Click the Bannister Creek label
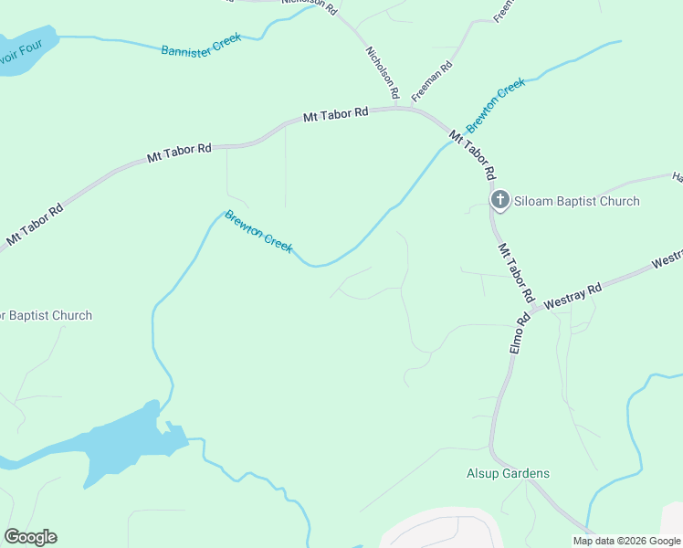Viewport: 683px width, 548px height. (201, 47)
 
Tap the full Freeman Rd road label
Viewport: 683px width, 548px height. (432, 81)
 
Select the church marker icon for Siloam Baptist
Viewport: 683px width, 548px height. (499, 200)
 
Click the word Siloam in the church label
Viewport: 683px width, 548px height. (533, 201)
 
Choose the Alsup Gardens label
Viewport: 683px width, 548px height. (508, 473)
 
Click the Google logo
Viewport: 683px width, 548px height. (30, 536)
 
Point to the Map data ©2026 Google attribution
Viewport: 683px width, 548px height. (627, 541)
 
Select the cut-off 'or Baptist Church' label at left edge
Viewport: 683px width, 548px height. (46, 316)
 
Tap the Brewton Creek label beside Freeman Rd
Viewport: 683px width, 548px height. (496, 105)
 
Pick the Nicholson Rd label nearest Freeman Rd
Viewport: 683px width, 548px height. (382, 73)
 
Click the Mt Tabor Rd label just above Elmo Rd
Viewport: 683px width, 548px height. (515, 273)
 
